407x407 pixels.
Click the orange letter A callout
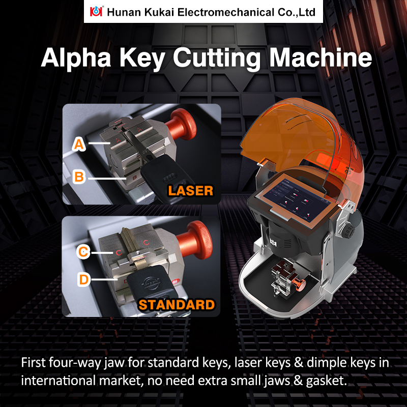(x=78, y=144)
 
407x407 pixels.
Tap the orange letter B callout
(x=78, y=177)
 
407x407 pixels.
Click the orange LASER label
(x=190, y=191)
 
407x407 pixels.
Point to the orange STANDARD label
(x=176, y=305)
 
